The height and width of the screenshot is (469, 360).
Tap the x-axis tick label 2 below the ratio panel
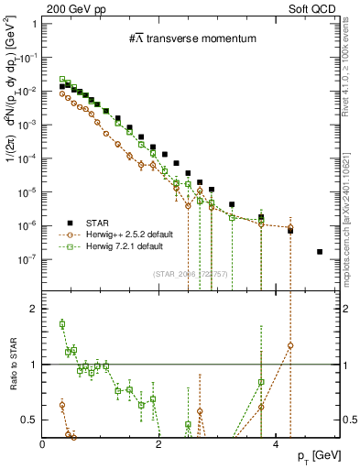pos(159,444)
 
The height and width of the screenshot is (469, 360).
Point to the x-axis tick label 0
pos(43,444)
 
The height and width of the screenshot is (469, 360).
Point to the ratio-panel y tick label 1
pos(33,365)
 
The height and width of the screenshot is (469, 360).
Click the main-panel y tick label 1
pos(33,23)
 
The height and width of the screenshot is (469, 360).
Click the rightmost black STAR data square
pos(319,251)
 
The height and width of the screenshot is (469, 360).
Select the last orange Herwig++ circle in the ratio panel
pos(290,345)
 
